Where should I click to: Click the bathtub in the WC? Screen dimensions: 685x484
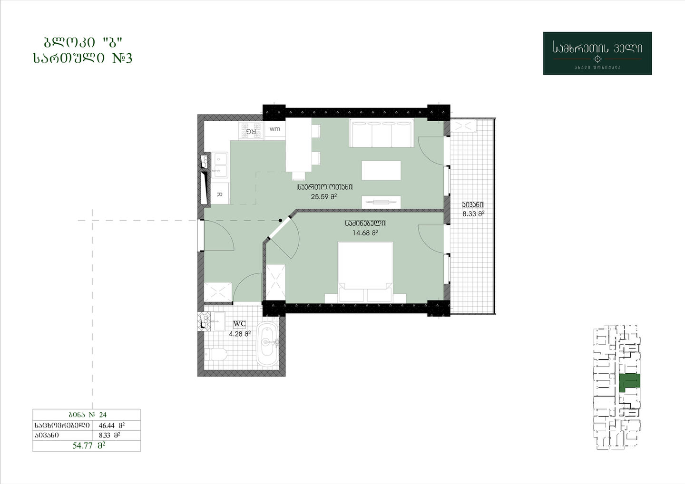pos(267,344)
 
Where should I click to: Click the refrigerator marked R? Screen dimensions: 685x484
pos(219,194)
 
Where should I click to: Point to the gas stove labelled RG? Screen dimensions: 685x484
pos(251,131)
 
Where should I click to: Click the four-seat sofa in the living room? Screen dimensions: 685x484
pos(382,133)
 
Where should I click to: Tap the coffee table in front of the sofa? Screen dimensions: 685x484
pos(382,171)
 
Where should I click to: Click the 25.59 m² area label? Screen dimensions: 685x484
pos(324,196)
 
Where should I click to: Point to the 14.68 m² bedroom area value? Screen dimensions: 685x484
pos(365,233)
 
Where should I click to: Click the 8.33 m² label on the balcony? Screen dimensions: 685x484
pos(473,214)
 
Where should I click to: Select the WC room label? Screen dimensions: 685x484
pos(239,324)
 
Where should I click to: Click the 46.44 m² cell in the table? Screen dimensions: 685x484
pos(112,426)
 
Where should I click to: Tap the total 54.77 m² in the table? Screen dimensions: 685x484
pos(88,445)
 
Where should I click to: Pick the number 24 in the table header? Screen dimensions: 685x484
pos(103,415)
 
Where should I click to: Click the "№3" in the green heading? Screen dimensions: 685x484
pos(122,58)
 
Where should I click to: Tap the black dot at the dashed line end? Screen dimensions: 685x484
pos(280,220)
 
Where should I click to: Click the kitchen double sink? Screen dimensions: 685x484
pos(220,165)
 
